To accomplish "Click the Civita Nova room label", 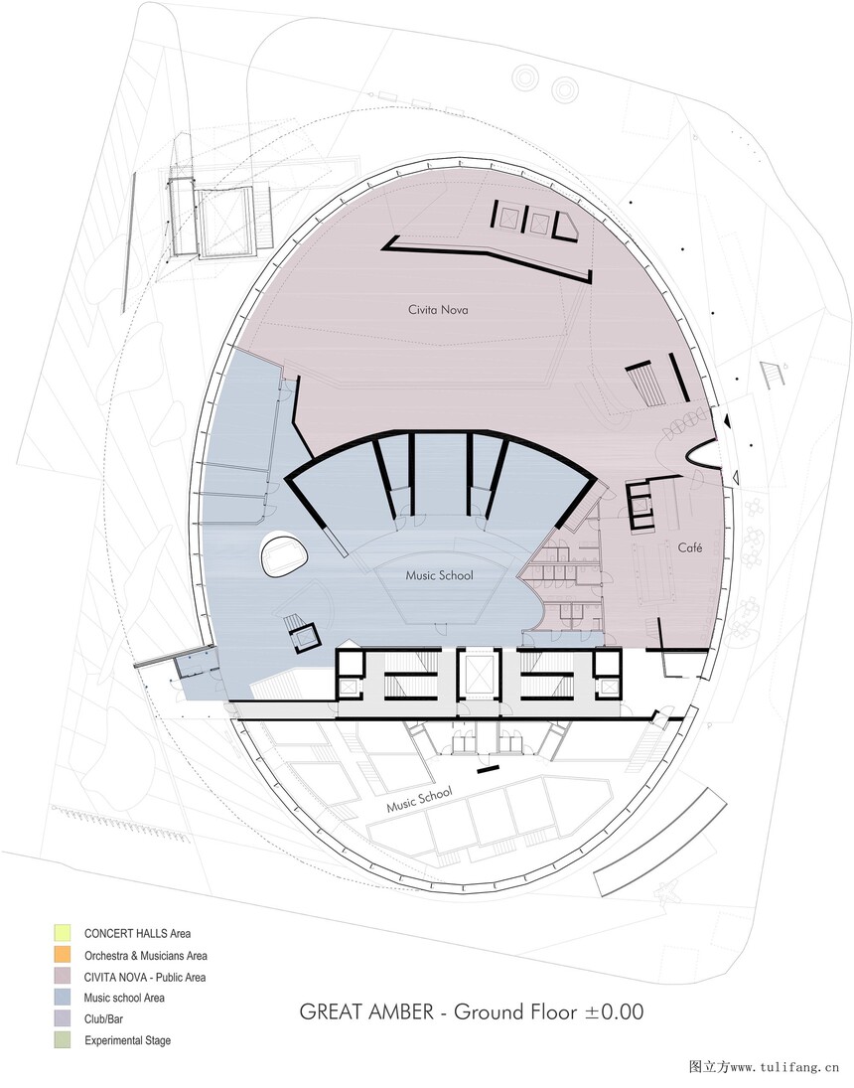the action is pyautogui.click(x=438, y=309).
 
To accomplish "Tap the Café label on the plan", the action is pyautogui.click(x=689, y=547).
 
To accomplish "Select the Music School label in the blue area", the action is pyautogui.click(x=439, y=575).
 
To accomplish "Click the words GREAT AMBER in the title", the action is pyautogui.click(x=366, y=1011).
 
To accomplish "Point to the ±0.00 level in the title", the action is pyautogui.click(x=614, y=1011).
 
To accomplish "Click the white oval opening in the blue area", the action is pyautogui.click(x=283, y=554).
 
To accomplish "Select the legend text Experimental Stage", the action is pyautogui.click(x=128, y=1040).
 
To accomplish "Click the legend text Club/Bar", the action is pyautogui.click(x=103, y=1019).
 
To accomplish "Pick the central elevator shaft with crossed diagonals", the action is pyautogui.click(x=479, y=673).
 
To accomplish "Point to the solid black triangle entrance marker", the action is pyautogui.click(x=726, y=420).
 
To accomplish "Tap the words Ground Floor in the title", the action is pyautogui.click(x=514, y=1011).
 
